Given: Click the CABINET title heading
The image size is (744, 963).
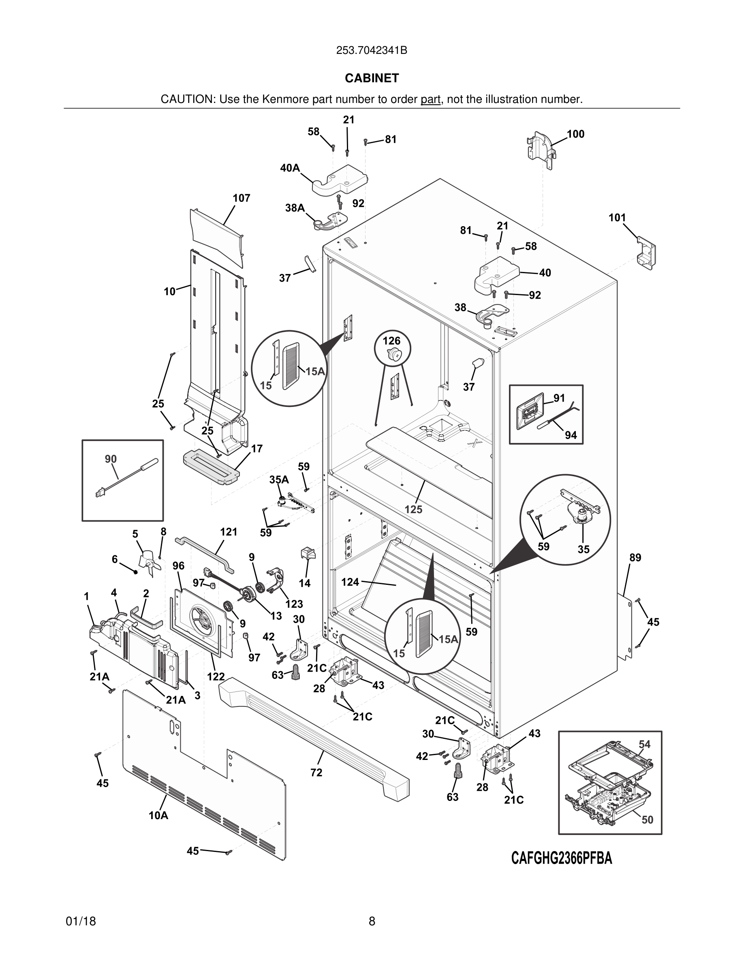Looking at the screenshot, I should pos(372,78).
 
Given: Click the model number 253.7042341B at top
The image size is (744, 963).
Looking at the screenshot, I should pos(372,51).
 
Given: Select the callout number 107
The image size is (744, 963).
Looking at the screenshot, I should pos(242,199).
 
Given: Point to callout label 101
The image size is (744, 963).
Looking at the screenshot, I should pos(617,218).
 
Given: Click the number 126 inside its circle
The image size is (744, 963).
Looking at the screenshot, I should pos(391,341).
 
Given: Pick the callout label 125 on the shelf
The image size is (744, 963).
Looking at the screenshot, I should pos(413,510).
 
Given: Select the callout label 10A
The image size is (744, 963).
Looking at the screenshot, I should pos(158,816).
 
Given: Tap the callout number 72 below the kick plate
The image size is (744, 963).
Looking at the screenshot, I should pos(316,773).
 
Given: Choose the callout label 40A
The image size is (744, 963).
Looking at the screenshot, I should pos(290,168).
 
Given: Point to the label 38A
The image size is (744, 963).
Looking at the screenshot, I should pos(295,208).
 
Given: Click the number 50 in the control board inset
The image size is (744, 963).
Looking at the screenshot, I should pos(647,820).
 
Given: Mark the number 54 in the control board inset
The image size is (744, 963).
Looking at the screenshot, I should pos(644,744).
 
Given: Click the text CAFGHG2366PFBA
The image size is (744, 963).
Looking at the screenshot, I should pos(561,858).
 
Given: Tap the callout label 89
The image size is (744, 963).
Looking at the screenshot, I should pos(635,558).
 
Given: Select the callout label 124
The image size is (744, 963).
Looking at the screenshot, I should pos(350,582).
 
